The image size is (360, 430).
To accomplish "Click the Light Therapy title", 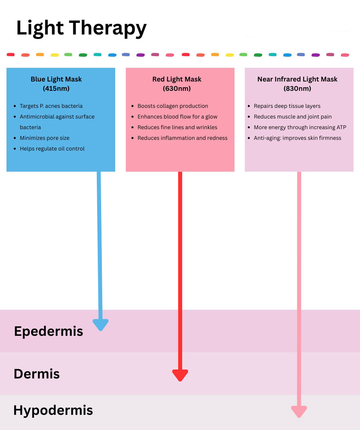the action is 82,28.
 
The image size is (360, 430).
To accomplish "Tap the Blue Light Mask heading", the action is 56,79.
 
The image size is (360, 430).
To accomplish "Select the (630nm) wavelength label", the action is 176,88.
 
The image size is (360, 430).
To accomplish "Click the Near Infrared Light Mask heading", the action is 297,79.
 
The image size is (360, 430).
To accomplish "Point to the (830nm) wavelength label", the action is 297,88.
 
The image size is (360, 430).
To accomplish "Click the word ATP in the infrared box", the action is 341,127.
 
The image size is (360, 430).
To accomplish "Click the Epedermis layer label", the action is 48,332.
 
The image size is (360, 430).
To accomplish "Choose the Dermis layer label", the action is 37,374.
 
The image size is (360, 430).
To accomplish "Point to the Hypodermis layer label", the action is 53,410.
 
